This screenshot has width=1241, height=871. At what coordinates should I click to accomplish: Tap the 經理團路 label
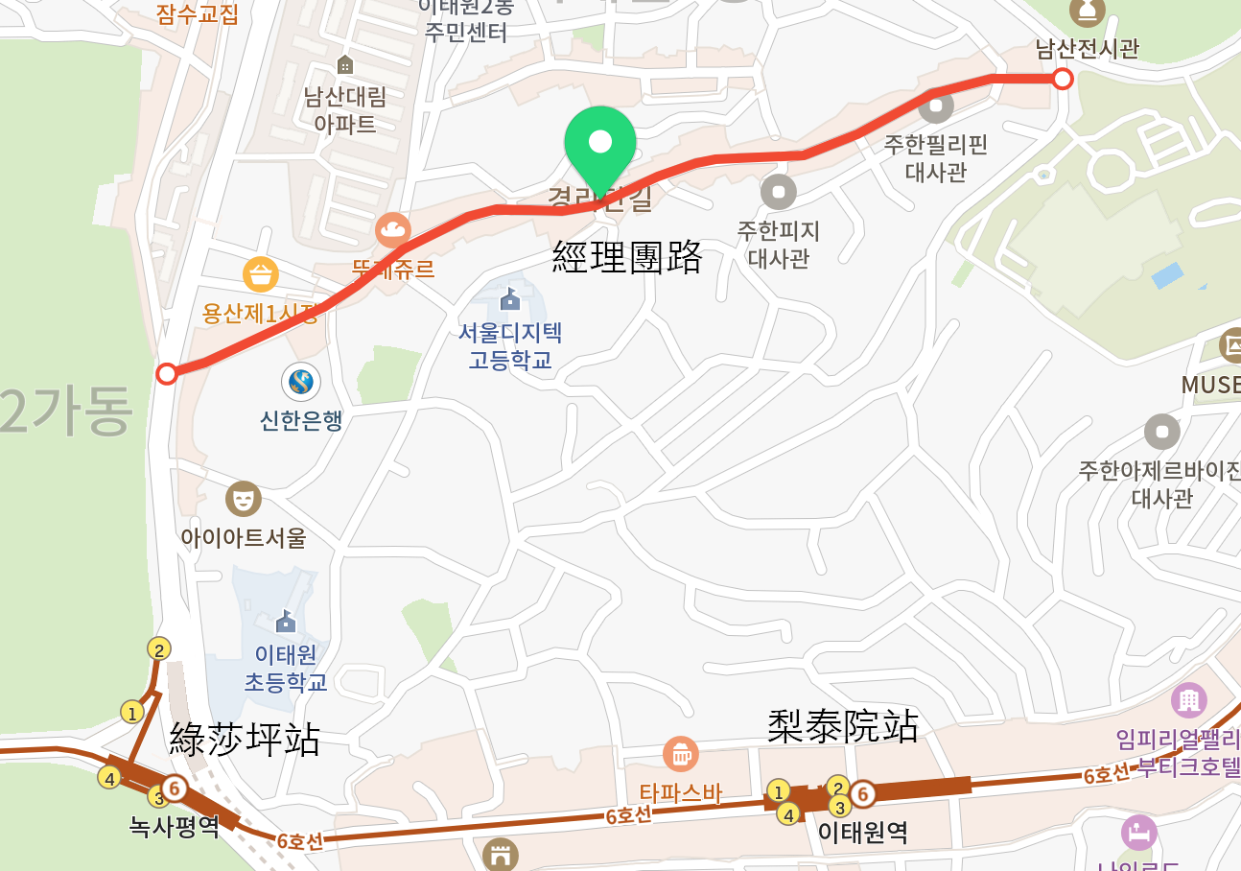[627, 257]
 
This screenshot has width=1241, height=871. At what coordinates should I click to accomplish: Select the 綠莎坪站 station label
[245, 739]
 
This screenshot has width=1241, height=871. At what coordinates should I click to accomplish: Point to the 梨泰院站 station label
[843, 726]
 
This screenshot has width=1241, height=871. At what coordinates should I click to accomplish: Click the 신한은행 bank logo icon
[301, 382]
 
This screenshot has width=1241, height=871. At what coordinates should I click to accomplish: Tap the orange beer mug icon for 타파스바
[680, 753]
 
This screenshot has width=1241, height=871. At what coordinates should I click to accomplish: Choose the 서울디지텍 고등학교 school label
[510, 346]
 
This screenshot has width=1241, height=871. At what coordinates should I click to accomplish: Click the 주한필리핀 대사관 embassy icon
[936, 106]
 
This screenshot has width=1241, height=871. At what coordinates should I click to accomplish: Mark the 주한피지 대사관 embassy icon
[778, 192]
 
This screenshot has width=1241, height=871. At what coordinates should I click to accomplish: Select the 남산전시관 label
[1087, 48]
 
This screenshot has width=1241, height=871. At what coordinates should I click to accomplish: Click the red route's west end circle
[167, 373]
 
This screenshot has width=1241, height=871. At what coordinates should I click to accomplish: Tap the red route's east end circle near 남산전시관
[1062, 79]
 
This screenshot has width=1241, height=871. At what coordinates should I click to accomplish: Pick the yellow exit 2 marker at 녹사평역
[159, 649]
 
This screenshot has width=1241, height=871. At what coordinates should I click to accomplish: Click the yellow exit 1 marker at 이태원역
[778, 791]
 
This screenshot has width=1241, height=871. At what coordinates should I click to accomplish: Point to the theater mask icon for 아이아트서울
[243, 499]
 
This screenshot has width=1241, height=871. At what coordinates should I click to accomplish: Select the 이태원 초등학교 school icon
[286, 623]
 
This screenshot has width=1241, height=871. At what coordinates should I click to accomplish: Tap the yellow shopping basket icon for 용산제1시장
[261, 275]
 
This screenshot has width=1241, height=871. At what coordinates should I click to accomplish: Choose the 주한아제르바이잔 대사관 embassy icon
[1161, 432]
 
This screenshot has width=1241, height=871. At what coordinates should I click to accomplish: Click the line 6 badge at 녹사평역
[174, 788]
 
